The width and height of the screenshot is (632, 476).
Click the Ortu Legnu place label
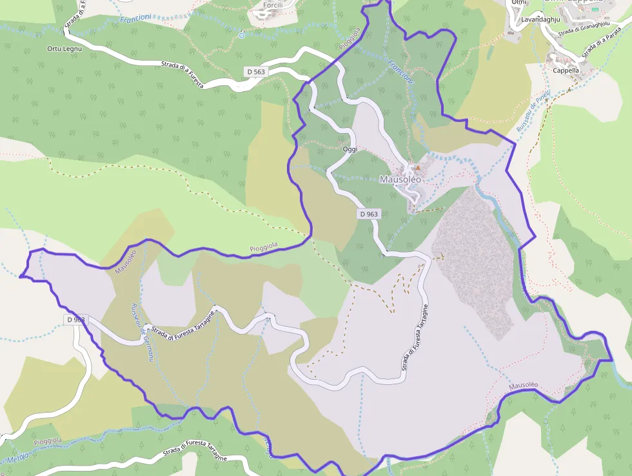click(x=63, y=48)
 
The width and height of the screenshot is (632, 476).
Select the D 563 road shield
click(x=255, y=71)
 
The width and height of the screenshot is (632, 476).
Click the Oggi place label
click(x=350, y=149)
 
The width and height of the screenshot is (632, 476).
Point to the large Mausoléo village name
click(x=400, y=180)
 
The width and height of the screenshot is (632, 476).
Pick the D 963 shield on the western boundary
click(x=75, y=319)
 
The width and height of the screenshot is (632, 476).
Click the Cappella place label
click(x=566, y=70)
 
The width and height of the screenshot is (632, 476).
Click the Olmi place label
click(x=518, y=3)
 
